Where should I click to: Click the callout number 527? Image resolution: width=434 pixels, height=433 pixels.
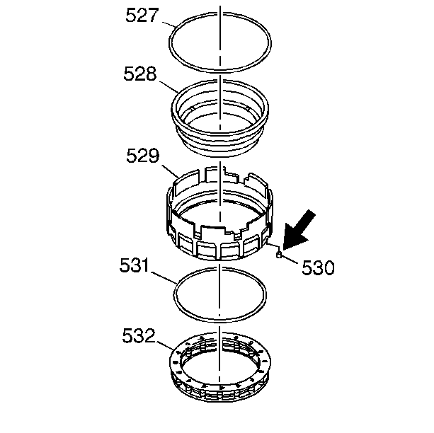tap(142, 16)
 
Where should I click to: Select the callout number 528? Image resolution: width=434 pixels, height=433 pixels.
tap(140, 74)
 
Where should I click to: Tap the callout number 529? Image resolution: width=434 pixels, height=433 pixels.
tap(143, 156)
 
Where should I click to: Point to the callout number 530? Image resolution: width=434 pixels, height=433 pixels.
tap(318, 267)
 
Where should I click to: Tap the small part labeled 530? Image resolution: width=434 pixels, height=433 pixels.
tap(279, 255)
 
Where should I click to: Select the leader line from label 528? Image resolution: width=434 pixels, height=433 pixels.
tap(169, 86)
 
